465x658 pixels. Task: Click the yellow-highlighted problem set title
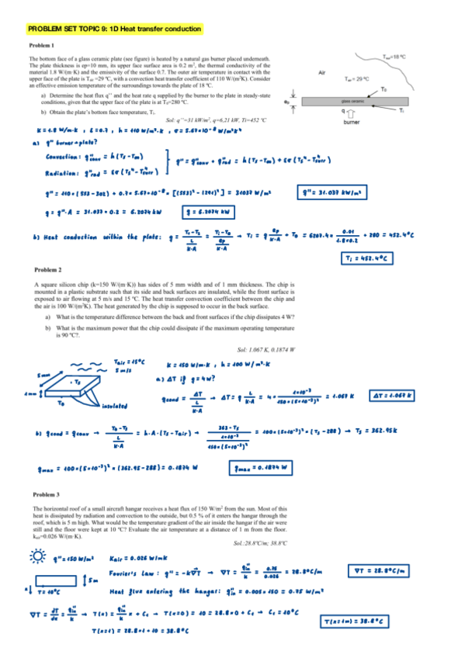coord(114,29)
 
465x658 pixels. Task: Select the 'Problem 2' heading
coord(48,268)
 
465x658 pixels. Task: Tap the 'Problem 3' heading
coord(48,494)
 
